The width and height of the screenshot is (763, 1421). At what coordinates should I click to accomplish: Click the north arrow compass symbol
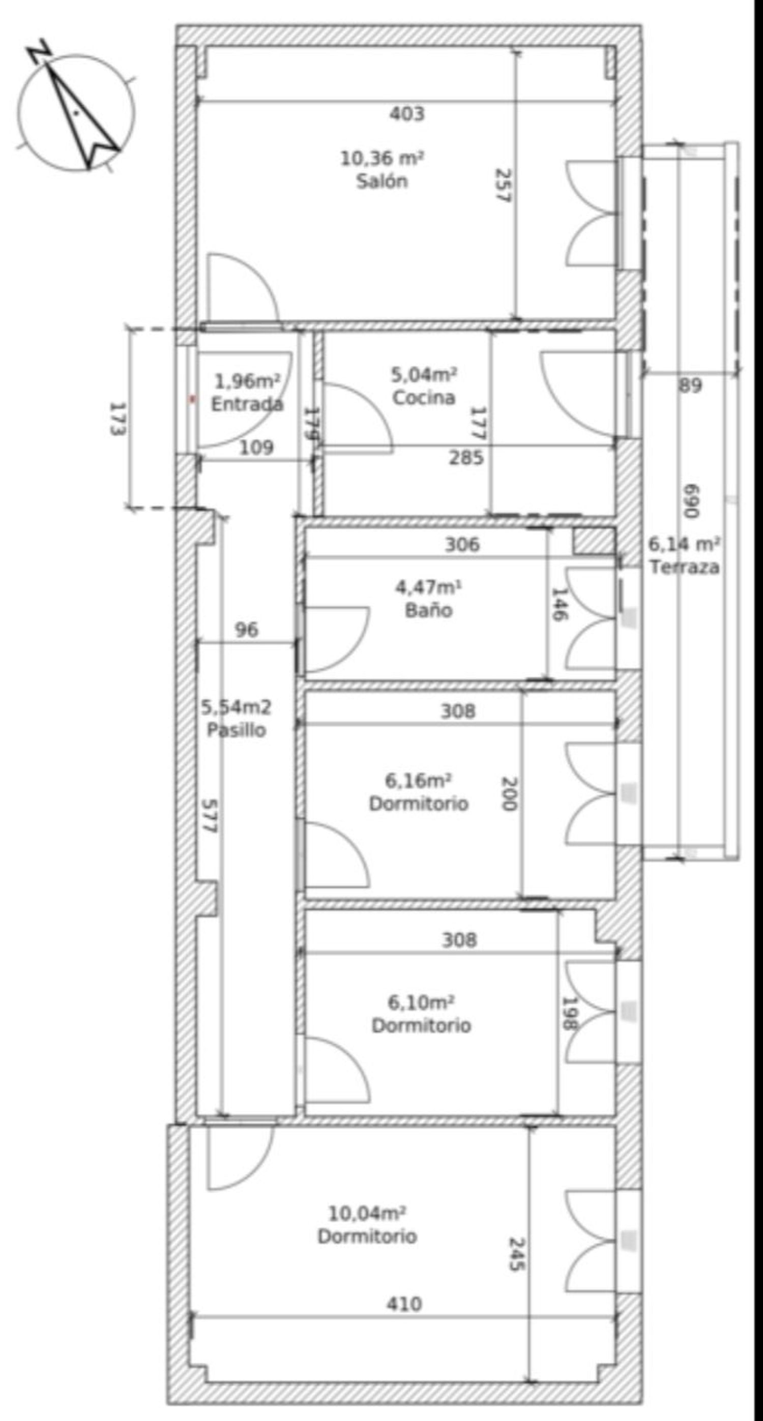point(76,110)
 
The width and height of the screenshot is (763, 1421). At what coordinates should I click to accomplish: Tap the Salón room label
point(382,181)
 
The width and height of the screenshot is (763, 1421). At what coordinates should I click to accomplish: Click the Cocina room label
point(424,397)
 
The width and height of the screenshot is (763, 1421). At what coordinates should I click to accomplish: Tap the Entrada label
point(247,404)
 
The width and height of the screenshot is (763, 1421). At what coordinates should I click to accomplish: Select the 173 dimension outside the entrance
point(116,419)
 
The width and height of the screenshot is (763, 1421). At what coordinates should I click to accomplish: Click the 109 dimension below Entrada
point(256,447)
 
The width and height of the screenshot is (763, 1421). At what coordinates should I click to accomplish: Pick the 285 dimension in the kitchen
point(466,457)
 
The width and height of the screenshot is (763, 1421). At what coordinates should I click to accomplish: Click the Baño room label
point(429,610)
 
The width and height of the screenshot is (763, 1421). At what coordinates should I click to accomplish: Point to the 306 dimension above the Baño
point(462,545)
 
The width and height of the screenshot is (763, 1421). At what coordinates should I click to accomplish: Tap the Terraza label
point(684,567)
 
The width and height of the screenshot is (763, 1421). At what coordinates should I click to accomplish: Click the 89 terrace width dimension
point(690,385)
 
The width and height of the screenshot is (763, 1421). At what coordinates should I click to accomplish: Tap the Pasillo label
point(236,730)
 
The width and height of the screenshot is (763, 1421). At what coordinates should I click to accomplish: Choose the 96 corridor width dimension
point(246,630)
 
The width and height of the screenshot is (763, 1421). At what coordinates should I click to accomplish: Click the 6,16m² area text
point(418,781)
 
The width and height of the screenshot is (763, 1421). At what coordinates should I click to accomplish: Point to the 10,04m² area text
point(367,1213)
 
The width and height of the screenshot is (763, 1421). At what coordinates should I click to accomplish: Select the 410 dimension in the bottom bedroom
point(404,1304)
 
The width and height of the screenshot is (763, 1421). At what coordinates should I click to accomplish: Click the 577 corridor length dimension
point(209,816)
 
